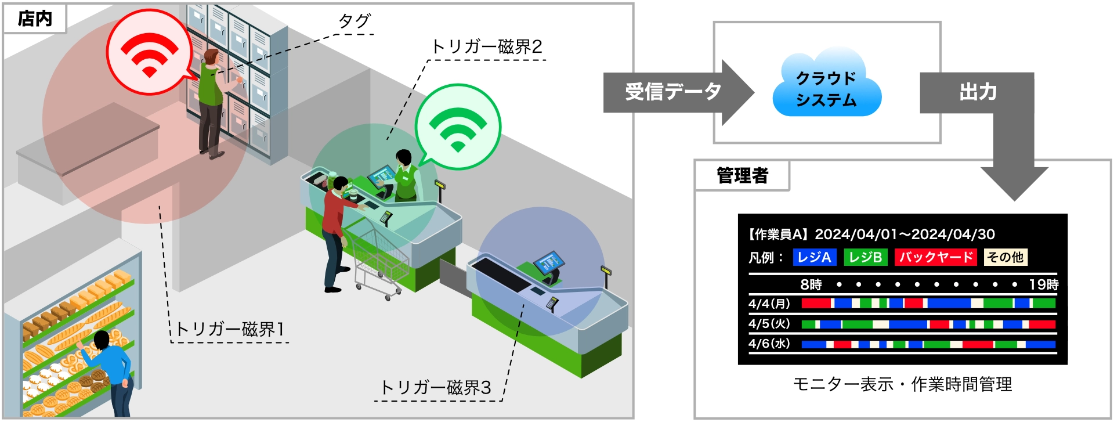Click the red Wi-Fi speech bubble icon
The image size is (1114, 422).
[149, 52]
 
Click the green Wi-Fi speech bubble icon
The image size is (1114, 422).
[458, 127]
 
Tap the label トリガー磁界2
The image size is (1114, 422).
[486, 47]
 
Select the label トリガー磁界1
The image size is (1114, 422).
[230, 330]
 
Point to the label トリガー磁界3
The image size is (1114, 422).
[435, 388]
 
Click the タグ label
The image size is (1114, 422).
[354, 21]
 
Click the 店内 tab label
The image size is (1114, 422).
[35, 19]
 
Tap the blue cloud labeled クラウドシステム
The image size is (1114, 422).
[826, 88]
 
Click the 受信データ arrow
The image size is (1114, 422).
[673, 92]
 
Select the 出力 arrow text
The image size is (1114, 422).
[978, 92]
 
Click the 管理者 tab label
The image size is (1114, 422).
[742, 175]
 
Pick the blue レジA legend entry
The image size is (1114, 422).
[814, 257]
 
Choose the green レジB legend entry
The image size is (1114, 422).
[865, 257]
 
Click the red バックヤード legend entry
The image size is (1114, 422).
[935, 257]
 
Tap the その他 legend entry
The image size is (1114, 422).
[1006, 257]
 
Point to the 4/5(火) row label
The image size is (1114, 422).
[769, 323]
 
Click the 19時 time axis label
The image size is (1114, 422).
[1043, 284]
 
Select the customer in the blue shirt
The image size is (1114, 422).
[114, 371]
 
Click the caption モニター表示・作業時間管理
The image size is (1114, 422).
[902, 384]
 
